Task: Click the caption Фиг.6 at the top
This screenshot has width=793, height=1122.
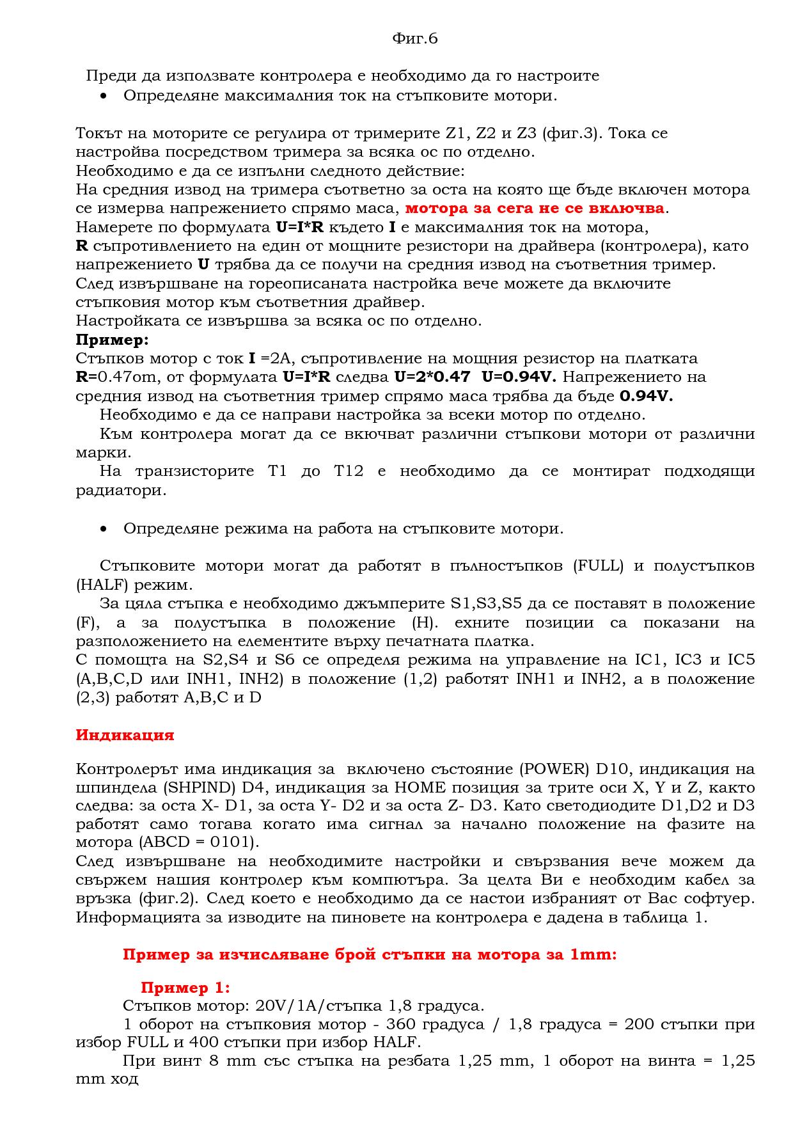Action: [x=414, y=39]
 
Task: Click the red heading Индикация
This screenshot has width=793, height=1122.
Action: [x=125, y=735]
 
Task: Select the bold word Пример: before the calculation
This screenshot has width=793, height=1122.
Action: [x=112, y=340]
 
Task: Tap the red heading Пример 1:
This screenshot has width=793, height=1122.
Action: [x=185, y=988]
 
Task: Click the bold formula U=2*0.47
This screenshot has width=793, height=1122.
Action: [x=432, y=377]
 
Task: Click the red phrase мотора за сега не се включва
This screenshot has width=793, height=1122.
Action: [x=535, y=209]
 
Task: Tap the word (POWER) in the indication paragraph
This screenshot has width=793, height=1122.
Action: [x=554, y=769]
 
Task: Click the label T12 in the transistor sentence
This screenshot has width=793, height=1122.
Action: [x=349, y=472]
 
